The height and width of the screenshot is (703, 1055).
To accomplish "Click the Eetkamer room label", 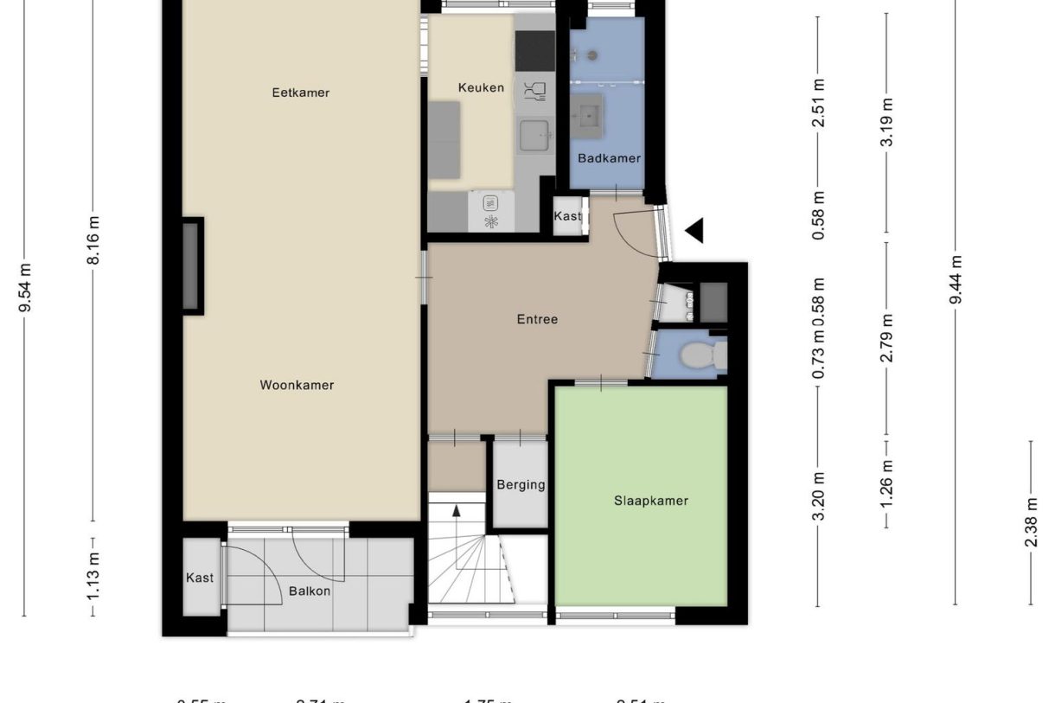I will coord(300,93).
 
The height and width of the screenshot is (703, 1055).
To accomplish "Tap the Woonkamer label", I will coord(297,385).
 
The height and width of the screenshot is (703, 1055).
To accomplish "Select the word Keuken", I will coord(480,87).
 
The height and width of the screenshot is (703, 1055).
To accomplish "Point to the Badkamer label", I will coord(610,158).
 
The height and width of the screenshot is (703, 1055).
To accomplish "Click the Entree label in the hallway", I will coord(537,319).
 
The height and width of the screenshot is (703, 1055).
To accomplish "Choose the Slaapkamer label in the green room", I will coord(651,500).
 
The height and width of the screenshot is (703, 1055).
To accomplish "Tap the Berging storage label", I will coord(521,484).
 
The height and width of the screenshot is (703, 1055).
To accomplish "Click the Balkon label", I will coord(309,591).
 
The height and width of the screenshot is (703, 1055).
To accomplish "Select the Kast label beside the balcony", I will coord(200,578).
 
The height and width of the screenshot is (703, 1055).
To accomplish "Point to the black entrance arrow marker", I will coord(694,230).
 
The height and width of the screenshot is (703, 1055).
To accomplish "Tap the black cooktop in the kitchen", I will coord(535,51).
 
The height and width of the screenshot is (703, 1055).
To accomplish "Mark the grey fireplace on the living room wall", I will coord(192,265).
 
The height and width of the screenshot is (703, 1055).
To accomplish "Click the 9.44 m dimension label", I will coord(955,279).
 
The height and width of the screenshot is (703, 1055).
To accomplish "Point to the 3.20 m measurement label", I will coord(819,495).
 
